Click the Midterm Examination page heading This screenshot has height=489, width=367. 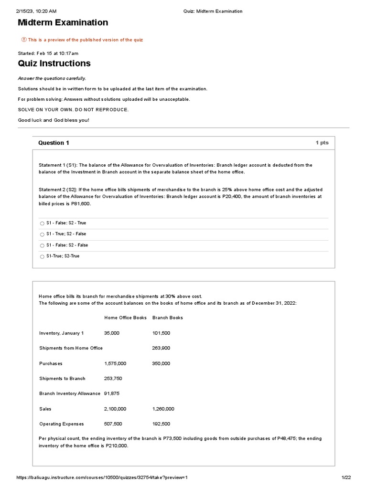point(63,22)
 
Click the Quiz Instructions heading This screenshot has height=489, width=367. point(54,64)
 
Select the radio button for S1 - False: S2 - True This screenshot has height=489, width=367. point(42,223)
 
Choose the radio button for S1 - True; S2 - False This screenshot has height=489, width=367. point(42,234)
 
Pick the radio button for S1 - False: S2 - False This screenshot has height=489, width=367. point(42,245)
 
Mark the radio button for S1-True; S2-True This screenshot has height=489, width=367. point(42,256)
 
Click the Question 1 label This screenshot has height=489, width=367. point(54,143)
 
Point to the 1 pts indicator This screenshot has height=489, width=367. point(322,143)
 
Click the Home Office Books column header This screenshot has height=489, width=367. point(125,318)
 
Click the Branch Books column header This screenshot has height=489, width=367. point(167,318)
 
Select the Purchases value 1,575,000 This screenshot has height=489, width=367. point(115,363)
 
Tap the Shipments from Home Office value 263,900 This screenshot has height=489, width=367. point(161,348)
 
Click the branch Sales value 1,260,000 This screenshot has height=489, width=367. point(163,409)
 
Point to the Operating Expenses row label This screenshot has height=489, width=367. point(61,424)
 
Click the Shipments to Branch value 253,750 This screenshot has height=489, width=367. point(113,379)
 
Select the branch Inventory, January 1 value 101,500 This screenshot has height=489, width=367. point(161,333)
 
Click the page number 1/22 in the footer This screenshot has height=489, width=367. point(346,478)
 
